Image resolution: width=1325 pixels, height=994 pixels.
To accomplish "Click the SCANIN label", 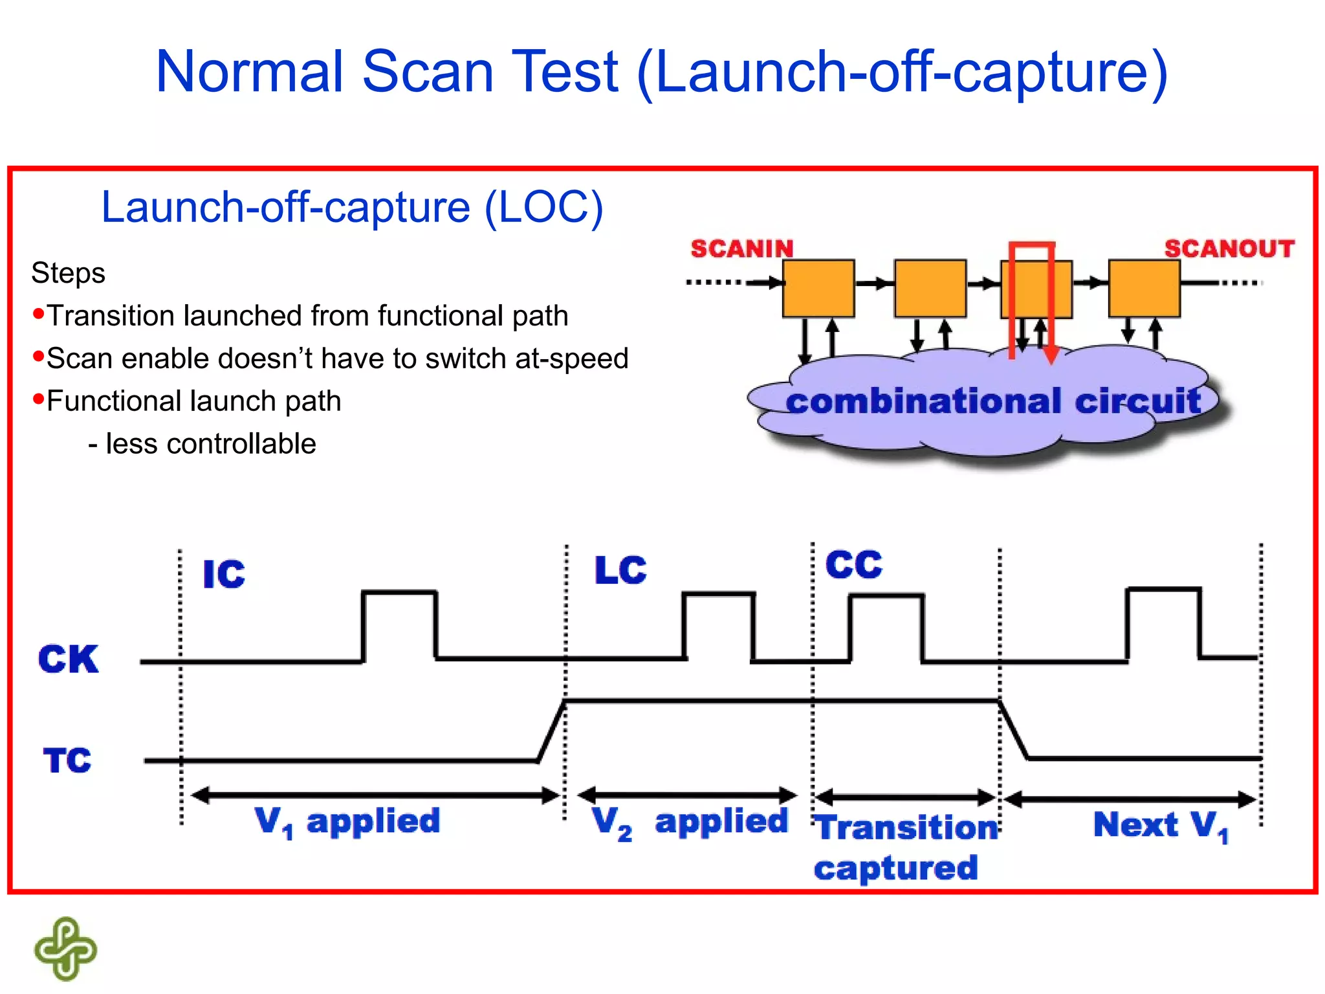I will click(x=741, y=248).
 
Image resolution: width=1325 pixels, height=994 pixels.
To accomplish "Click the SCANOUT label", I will click(x=1229, y=248).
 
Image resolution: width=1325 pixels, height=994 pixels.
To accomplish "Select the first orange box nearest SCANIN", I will click(x=818, y=289).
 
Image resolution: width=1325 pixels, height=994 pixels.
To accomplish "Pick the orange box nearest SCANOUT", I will click(x=1144, y=289).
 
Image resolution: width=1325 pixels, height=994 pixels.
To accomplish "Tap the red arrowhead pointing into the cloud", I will click(x=1051, y=355).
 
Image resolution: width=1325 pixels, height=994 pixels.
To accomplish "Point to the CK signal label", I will click(x=68, y=659).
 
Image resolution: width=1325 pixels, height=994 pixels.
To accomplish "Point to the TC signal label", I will click(x=67, y=760).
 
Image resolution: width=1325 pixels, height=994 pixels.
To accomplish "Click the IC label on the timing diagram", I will click(x=224, y=574).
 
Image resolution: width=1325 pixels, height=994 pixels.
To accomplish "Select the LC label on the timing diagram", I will click(x=620, y=570).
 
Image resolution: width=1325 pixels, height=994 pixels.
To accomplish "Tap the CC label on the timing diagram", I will click(x=854, y=565).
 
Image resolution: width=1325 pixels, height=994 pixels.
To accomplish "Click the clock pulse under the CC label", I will click(x=886, y=628).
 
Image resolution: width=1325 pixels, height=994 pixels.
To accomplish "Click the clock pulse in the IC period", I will click(x=399, y=625).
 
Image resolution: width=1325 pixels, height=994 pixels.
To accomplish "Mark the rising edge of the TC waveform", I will click(x=552, y=731).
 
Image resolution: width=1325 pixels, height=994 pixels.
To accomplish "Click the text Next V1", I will click(x=1160, y=826).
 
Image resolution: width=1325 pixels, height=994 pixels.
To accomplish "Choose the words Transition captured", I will click(x=906, y=847).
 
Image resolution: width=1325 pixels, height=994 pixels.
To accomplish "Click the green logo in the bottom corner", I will click(x=65, y=949).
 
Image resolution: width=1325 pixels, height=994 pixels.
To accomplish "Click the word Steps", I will click(x=68, y=273).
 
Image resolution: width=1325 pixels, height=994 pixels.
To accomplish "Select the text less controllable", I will click(x=210, y=444).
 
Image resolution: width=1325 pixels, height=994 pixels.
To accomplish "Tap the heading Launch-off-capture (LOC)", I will click(x=352, y=207).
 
